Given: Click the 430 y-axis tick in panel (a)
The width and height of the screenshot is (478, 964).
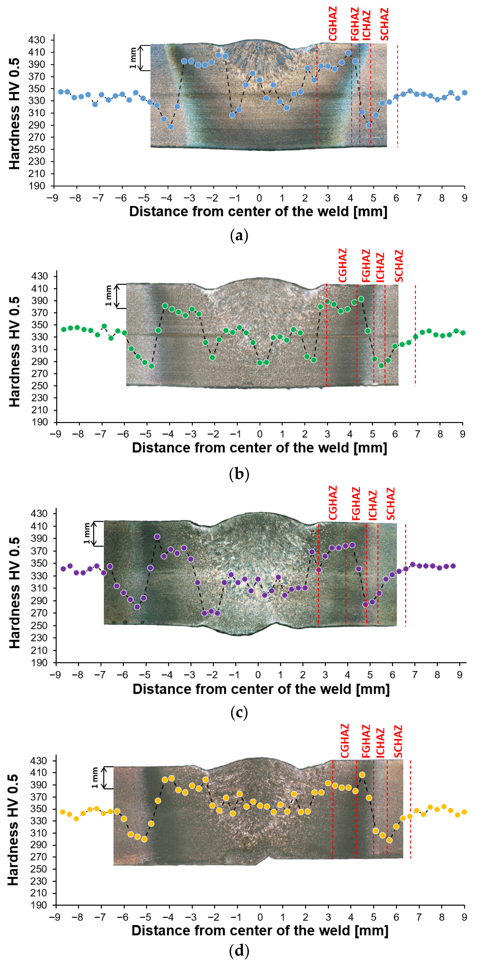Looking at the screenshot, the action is coord(36,40).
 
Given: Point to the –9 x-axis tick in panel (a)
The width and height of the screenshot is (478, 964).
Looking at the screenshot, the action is coord(52,198).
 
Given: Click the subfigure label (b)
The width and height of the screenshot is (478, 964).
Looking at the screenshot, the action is coord(239,474).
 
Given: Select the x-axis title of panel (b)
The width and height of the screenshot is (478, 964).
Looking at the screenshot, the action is coord(259,447).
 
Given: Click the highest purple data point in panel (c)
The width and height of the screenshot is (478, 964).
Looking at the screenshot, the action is coord(157,537).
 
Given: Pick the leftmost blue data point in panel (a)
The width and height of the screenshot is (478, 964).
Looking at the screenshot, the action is coord(61,92).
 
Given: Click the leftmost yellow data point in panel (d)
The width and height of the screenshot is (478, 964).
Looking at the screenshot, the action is coord(62,812).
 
